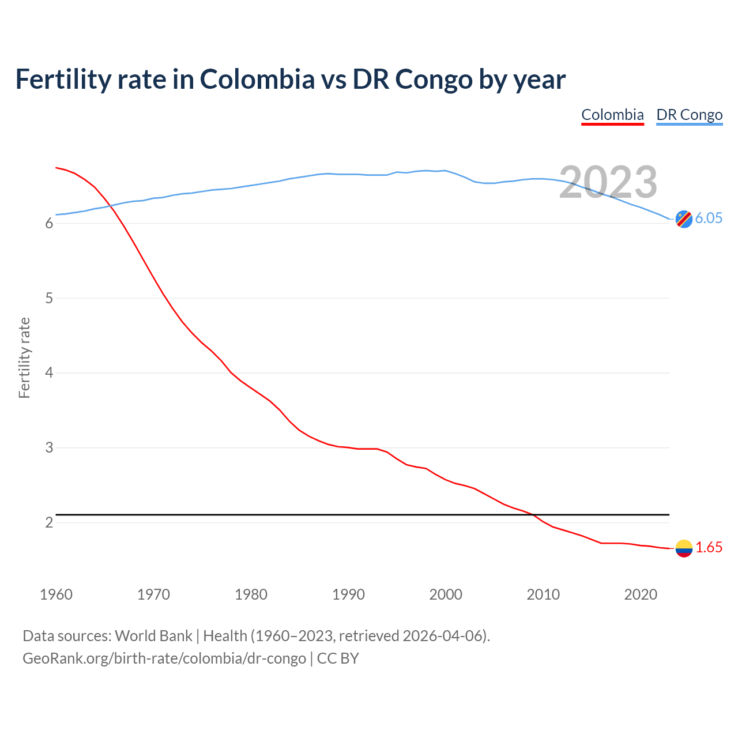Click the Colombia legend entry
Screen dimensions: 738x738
pyautogui.click(x=612, y=115)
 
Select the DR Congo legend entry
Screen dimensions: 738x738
pyautogui.click(x=689, y=115)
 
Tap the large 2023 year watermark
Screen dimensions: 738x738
pyautogui.click(x=608, y=182)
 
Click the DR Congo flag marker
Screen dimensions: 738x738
pyautogui.click(x=683, y=219)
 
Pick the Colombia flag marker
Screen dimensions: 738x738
pyautogui.click(x=683, y=548)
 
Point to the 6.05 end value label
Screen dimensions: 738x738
pyautogui.click(x=709, y=218)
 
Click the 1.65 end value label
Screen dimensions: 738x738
pyautogui.click(x=709, y=548)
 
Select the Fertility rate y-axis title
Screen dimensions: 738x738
pyautogui.click(x=24, y=357)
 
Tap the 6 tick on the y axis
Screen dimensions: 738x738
pyautogui.click(x=49, y=224)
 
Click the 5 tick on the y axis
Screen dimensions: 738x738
pyautogui.click(x=49, y=299)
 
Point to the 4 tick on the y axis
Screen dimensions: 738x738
pyautogui.click(x=49, y=373)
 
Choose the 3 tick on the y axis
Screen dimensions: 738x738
pyautogui.click(x=49, y=448)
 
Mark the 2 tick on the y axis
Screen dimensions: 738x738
pyautogui.click(x=49, y=523)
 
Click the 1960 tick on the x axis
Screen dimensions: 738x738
pyautogui.click(x=56, y=594)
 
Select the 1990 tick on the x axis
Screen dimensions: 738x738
pyautogui.click(x=348, y=594)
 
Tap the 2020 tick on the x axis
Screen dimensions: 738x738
pyautogui.click(x=641, y=594)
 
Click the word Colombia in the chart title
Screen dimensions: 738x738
pyautogui.click(x=257, y=79)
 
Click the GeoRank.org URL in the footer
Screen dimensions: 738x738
pyautogui.click(x=164, y=658)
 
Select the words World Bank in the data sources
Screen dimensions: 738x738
pyautogui.click(x=153, y=636)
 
